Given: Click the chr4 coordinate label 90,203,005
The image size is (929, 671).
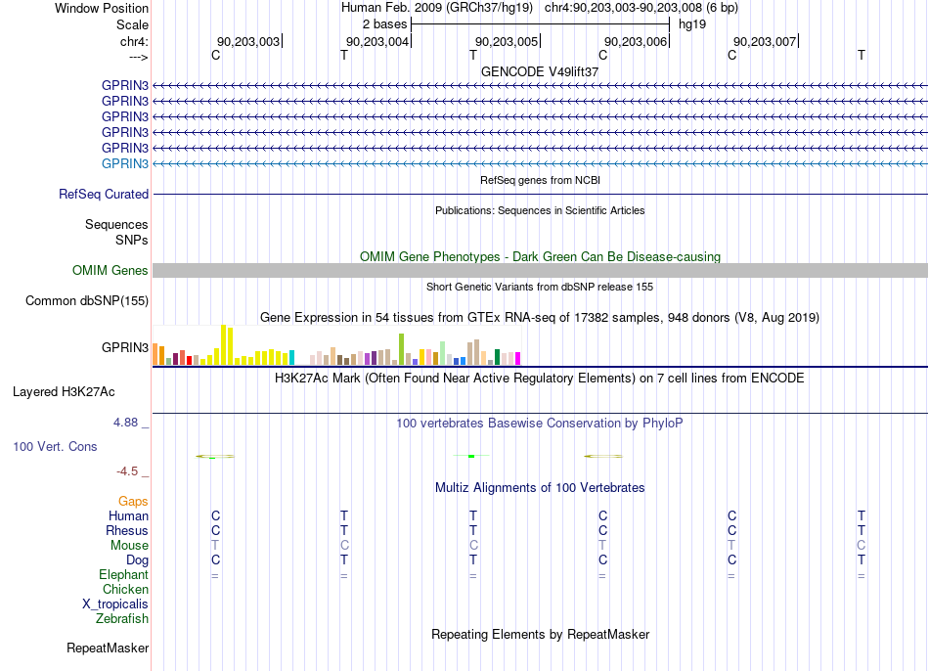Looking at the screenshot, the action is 507,41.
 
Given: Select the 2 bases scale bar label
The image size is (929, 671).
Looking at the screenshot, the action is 384,24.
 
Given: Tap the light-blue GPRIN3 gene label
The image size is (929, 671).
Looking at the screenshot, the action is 125,163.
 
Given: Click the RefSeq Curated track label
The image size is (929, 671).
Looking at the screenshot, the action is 104,194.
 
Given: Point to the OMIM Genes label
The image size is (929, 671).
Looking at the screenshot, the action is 111,270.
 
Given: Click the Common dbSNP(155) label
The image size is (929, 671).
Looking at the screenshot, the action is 87,300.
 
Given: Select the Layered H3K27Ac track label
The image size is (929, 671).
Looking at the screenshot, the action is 64,392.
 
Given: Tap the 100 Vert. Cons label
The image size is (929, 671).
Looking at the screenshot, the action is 55,446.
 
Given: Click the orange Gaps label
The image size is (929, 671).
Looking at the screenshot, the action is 133,502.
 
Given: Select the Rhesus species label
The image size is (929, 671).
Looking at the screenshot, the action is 127,530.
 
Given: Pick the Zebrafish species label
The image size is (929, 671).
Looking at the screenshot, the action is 122,618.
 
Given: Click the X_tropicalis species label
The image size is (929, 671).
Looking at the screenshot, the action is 115,604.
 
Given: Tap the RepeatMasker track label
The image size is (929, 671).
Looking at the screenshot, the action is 108,648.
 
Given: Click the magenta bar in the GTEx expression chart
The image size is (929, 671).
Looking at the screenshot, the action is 518,358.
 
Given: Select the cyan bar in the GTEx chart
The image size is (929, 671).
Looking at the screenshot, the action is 291,357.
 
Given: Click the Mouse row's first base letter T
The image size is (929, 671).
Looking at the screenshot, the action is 215,545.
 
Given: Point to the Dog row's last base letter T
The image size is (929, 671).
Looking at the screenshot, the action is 861,559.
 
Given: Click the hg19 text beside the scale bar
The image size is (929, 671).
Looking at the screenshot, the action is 692,24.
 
